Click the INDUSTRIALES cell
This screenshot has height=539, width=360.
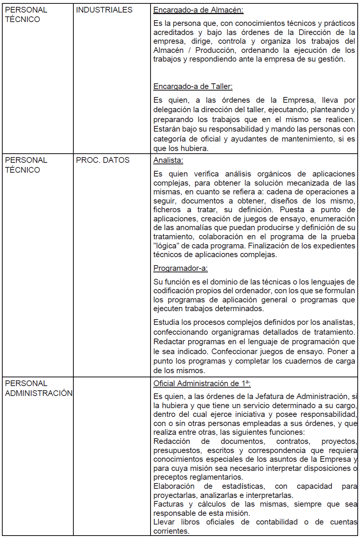click(104, 10)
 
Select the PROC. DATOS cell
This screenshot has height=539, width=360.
click(103, 160)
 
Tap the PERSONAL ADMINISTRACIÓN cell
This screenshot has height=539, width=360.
click(38, 388)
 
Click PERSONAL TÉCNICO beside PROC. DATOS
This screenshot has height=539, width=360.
click(26, 165)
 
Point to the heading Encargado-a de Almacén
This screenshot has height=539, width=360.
click(198, 10)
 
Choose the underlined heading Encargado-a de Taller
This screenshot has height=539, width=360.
click(193, 87)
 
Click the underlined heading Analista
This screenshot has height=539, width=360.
click(168, 161)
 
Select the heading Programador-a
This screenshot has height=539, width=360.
click(181, 269)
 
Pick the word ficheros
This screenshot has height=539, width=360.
click(167, 210)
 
